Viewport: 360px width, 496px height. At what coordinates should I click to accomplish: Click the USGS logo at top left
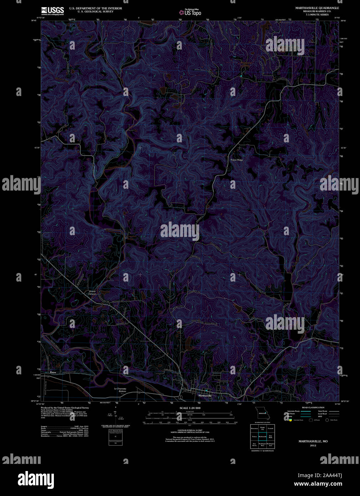pos(52,11)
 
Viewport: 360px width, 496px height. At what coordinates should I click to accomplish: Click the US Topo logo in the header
pos(190,12)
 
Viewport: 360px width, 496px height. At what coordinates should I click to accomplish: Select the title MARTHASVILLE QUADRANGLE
pos(317,8)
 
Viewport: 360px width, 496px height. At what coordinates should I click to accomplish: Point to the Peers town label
pos(53,373)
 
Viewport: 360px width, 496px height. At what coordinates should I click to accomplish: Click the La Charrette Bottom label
pos(120,390)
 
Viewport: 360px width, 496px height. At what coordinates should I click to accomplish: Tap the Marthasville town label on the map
pos(205,396)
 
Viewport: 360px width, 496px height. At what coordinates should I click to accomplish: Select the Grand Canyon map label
pos(92,293)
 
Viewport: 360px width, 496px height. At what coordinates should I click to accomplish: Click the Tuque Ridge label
pos(237,160)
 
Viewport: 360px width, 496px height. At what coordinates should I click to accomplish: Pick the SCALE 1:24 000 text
pos(190,408)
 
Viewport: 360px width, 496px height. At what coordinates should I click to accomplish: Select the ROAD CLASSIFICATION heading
pos(313,408)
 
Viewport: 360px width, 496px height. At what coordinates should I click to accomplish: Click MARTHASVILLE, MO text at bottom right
pos(313,441)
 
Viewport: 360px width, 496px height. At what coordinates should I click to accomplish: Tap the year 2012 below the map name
pos(313,445)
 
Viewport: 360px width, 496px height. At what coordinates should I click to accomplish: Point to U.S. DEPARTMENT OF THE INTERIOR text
pos(95,8)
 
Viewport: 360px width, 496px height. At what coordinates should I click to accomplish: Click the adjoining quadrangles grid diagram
pos(263,436)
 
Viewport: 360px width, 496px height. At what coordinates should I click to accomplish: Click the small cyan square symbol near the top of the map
pos(241,76)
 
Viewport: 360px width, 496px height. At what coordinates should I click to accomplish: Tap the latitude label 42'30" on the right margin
pos(344,148)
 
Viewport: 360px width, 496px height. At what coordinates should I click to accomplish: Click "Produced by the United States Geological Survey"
pos(65,408)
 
